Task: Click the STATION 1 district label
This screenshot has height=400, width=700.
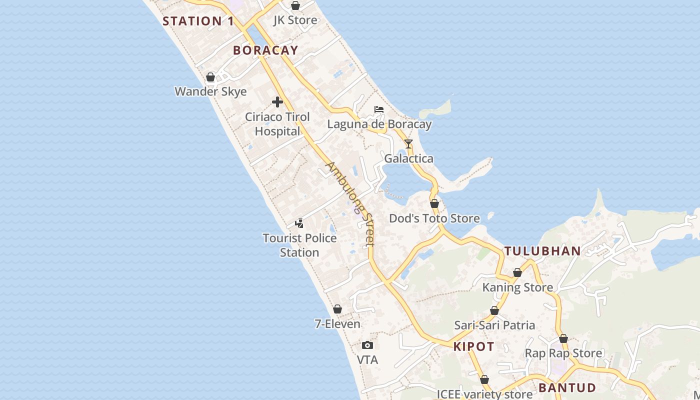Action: [x=198, y=21]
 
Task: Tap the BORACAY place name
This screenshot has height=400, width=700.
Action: [x=265, y=50]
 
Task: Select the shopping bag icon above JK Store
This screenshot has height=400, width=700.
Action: [x=295, y=6]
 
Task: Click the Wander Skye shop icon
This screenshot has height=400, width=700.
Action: [x=210, y=77]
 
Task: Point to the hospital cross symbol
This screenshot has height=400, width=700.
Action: [x=277, y=102]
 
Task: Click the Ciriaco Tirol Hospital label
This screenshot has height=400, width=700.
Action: [x=277, y=124]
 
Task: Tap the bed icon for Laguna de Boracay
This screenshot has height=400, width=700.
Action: [x=379, y=109]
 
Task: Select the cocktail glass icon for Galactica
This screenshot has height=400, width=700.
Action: [x=408, y=144]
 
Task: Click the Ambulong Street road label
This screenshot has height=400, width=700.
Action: [x=350, y=203]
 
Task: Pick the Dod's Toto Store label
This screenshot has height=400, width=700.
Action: [x=434, y=218]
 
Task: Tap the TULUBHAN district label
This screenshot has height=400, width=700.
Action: [x=542, y=251]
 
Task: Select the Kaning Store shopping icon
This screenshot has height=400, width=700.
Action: [x=517, y=273]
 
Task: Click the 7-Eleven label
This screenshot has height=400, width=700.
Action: [x=337, y=324]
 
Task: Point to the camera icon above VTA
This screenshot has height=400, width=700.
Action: [x=367, y=345]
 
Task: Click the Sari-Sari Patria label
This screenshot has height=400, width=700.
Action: [x=494, y=325]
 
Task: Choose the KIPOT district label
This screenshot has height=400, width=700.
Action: [x=474, y=346]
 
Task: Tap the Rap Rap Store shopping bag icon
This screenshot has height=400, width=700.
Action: [x=563, y=339]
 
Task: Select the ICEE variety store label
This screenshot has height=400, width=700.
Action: [x=484, y=394]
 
